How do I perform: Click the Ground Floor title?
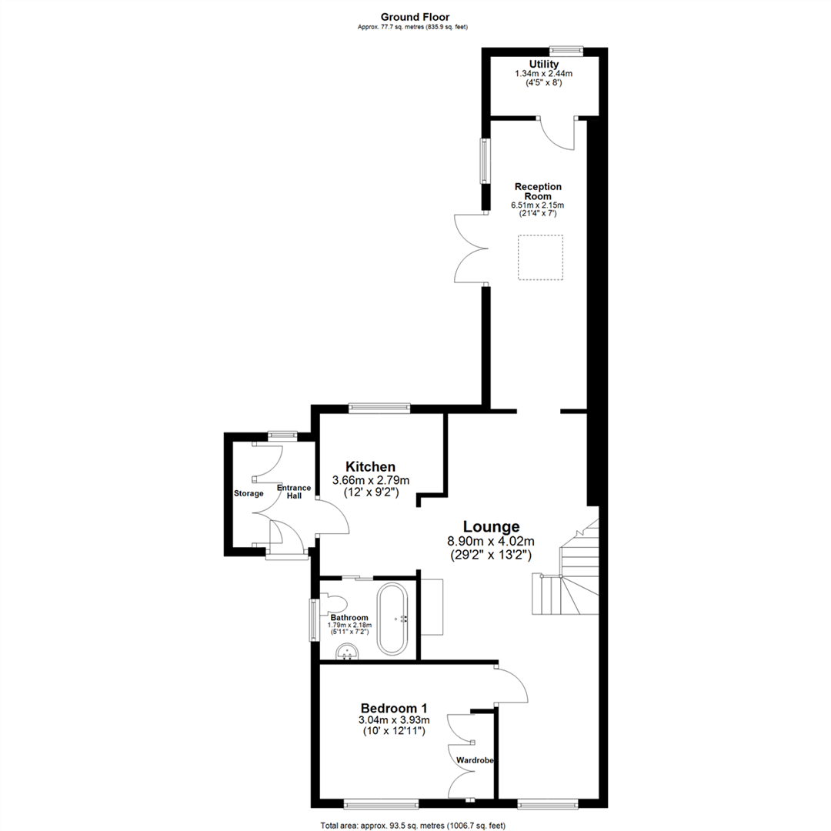[x=415, y=16]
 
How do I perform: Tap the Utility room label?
[x=543, y=64]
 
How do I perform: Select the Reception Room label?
[x=539, y=191]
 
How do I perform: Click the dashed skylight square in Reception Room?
[x=540, y=258]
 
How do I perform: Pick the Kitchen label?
[x=370, y=466]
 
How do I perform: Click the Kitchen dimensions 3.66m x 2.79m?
[x=370, y=480]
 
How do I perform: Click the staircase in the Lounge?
[x=566, y=577]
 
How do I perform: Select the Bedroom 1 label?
[x=394, y=708]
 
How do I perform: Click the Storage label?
[x=249, y=493]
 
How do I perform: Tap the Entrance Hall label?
[x=294, y=492]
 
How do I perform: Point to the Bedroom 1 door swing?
[x=512, y=685]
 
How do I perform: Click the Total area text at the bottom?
[x=412, y=825]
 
